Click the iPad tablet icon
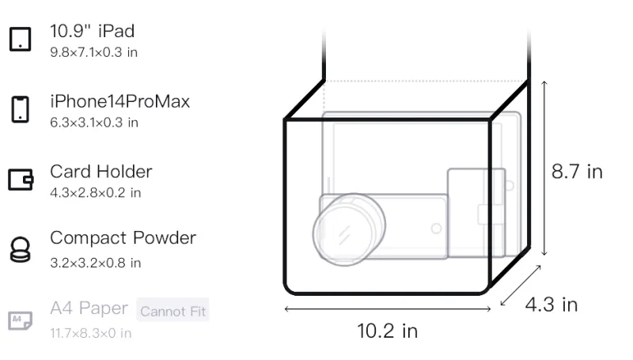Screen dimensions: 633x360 [21, 39]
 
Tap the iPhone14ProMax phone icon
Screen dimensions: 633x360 [21, 109]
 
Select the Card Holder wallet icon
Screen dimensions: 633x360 [21, 179]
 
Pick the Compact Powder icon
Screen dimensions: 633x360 [21, 250]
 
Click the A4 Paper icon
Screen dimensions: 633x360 [21, 320]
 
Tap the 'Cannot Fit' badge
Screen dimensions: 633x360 [172, 310]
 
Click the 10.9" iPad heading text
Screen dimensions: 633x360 [92, 31]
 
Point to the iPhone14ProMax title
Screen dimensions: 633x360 [120, 101]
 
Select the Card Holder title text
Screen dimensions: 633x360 [101, 172]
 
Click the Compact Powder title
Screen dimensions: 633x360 [123, 237]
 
